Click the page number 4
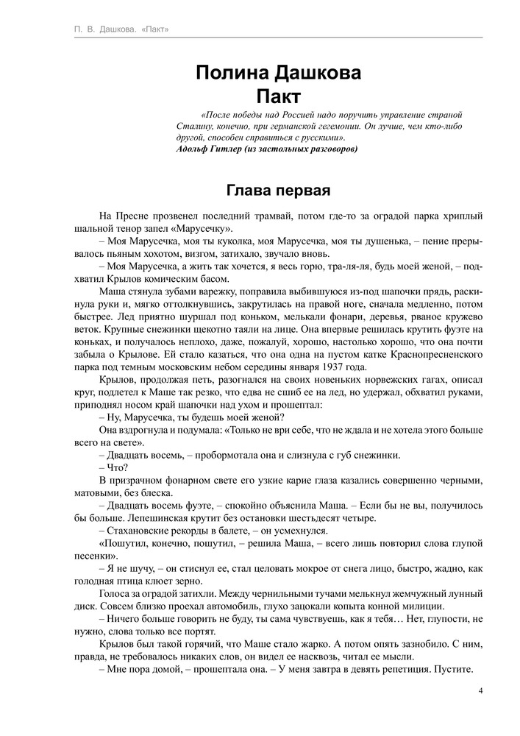point(480,690)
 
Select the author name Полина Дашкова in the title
point(279,74)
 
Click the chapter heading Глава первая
point(278,190)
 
